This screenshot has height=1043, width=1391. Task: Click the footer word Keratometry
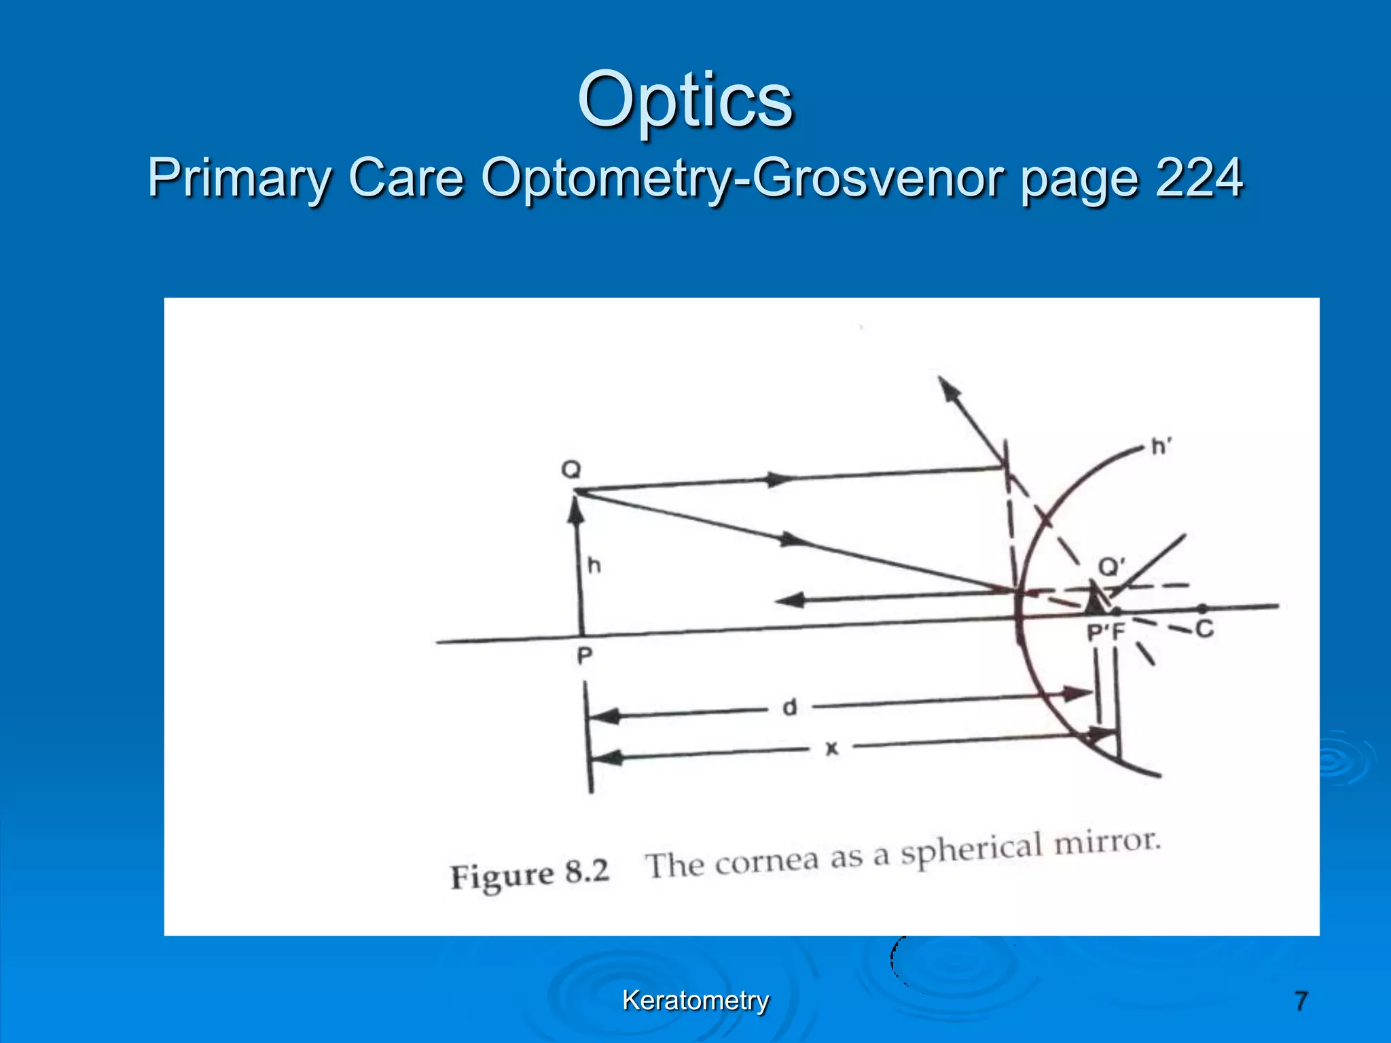(695, 1000)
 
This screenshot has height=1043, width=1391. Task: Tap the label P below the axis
(584, 656)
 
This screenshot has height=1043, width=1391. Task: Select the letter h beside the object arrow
(594, 565)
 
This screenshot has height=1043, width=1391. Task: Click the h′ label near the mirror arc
(1162, 447)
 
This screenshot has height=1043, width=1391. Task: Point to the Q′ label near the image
(1112, 566)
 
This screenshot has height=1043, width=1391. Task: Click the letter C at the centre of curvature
(1204, 629)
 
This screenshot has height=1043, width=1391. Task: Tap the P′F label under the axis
(1106, 633)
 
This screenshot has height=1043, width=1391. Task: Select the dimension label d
(789, 708)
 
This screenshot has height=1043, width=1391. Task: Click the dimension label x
(831, 749)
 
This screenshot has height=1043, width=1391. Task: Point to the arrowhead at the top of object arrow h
(576, 508)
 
